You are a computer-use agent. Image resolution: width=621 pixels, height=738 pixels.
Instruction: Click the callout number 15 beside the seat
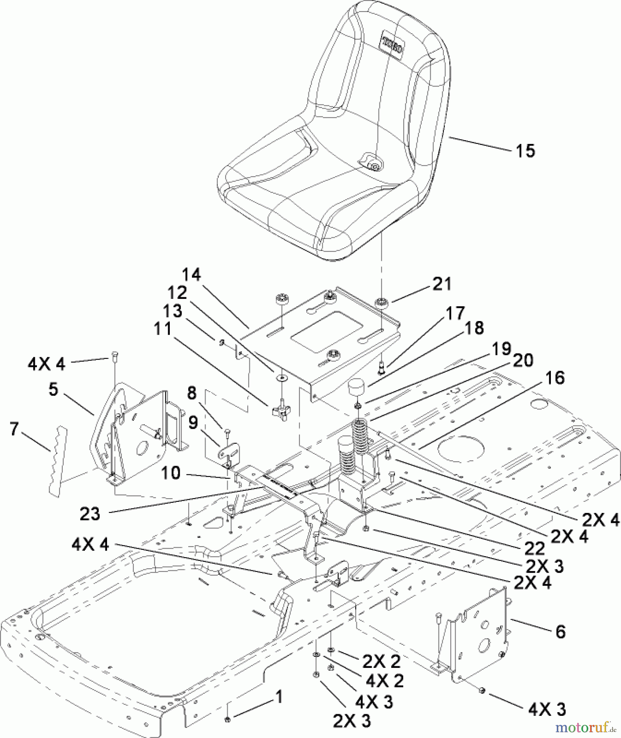pos(525,151)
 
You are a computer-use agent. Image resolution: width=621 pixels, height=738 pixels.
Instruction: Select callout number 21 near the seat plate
pos(442,284)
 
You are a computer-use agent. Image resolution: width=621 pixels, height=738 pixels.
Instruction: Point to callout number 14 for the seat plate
pos(192,275)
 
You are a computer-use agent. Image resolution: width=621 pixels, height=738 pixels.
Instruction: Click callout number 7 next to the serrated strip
pos(14,430)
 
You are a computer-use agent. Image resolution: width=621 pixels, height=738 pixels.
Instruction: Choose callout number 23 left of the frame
pos(90,514)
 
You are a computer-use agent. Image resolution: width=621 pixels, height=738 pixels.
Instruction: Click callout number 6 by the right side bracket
pos(560,631)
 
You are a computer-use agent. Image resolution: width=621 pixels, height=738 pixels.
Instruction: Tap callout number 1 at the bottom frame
pos(279,697)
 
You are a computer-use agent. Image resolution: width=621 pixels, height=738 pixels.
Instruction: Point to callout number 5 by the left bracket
pos(53,390)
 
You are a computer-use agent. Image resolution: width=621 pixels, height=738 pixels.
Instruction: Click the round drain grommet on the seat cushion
pos(373,165)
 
